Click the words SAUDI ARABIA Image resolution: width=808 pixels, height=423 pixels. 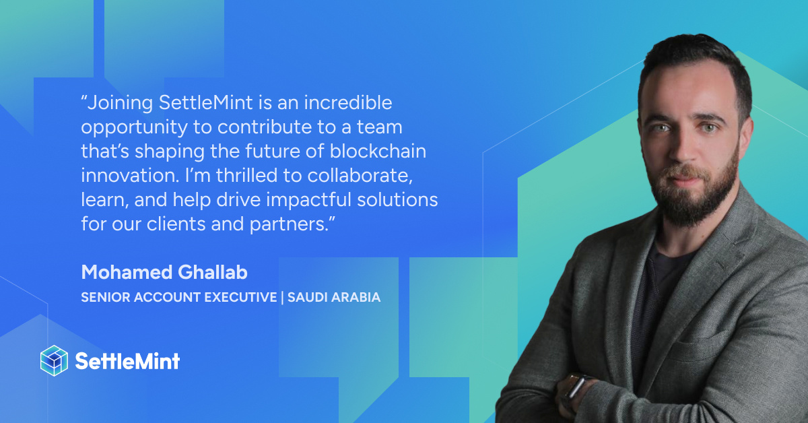tap(334, 297)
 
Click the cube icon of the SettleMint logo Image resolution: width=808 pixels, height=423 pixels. tap(55, 360)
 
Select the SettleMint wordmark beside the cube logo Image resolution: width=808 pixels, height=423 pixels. tap(127, 361)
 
